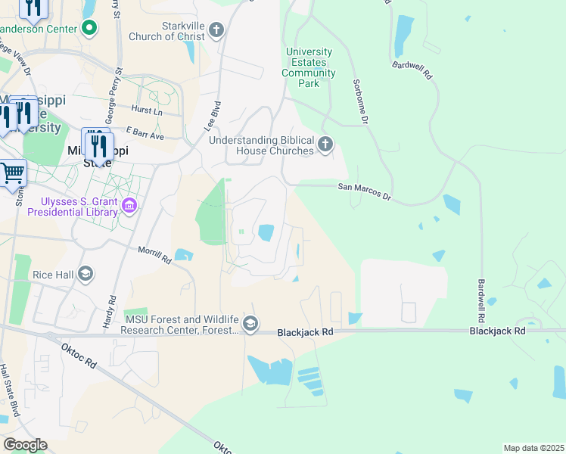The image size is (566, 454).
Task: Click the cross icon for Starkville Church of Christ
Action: [x=217, y=30]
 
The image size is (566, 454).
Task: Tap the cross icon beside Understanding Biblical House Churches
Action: [x=325, y=145]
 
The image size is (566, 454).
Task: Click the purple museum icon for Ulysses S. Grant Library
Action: [x=129, y=206]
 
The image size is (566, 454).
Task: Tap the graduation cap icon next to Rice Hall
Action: [x=86, y=274]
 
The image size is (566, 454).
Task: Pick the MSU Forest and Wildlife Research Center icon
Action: [x=250, y=325]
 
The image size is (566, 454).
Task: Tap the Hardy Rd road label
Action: [x=109, y=310]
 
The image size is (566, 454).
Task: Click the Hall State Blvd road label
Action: [x=5, y=389]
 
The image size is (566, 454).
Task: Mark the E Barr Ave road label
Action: [x=145, y=135]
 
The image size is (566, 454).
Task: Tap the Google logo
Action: [x=25, y=445]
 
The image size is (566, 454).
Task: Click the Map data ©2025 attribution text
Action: [x=533, y=448]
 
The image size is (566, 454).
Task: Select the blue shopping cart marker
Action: [x=11, y=173]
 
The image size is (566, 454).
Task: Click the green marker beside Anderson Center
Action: [x=89, y=29]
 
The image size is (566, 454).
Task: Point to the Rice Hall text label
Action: [x=53, y=274]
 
